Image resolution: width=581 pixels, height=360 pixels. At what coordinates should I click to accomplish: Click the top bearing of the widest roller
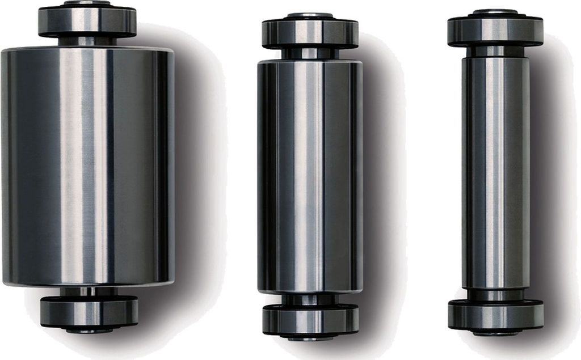click(87, 21)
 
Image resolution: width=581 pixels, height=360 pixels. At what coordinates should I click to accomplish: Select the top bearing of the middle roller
click(310, 34)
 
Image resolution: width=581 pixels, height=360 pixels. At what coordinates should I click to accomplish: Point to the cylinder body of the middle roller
click(310, 176)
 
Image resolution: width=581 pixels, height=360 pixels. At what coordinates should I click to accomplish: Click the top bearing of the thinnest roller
click(495, 31)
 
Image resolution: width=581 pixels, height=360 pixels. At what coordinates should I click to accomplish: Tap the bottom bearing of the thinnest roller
click(495, 314)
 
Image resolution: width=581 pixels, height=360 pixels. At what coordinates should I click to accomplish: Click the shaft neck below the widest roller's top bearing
click(87, 41)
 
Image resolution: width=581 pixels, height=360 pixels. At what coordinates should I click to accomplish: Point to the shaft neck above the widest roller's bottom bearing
click(89, 291)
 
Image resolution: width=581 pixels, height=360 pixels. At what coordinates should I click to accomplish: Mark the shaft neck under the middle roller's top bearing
click(310, 53)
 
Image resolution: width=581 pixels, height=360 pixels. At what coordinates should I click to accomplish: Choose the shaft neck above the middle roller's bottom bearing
click(310, 299)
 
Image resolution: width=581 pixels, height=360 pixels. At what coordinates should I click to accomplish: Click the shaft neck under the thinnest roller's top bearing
click(495, 51)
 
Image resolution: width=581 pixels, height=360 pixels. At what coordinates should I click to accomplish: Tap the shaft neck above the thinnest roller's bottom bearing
click(495, 295)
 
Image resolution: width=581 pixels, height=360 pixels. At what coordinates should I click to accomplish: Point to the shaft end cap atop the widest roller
click(87, 3)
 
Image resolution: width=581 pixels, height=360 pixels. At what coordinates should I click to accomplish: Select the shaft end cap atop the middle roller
click(310, 15)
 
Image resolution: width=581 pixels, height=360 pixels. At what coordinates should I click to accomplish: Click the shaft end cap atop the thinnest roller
click(495, 11)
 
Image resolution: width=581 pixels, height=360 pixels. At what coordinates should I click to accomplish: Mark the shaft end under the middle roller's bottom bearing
click(310, 337)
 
